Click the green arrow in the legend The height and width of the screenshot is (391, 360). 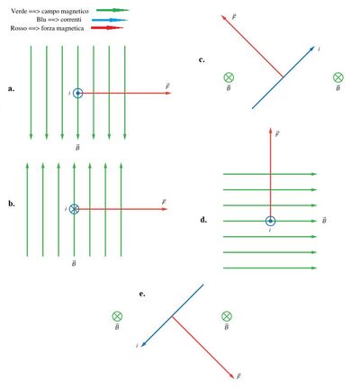112,10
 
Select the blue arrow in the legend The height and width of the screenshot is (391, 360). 110,20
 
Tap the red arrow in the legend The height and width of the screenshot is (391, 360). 107,28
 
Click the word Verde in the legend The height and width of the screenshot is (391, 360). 19,12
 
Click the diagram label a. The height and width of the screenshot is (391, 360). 11,88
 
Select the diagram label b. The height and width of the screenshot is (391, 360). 12,204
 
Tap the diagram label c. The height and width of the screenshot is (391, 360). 202,59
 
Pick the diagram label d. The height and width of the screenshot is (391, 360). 203,220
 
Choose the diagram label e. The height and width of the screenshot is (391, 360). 142,294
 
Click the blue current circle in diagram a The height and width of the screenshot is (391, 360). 78,94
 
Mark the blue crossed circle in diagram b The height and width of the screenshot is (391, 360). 74,209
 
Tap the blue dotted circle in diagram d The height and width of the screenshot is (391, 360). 270,221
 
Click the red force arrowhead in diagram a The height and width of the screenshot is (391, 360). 168,93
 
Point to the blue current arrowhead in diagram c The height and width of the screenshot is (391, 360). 312,49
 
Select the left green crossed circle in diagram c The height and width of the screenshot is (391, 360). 229,77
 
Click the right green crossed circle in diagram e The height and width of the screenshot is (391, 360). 227,316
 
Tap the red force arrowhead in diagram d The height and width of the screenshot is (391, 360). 270,131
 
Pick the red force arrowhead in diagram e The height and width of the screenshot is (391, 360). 231,376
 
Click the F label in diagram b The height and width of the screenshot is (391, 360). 164,202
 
